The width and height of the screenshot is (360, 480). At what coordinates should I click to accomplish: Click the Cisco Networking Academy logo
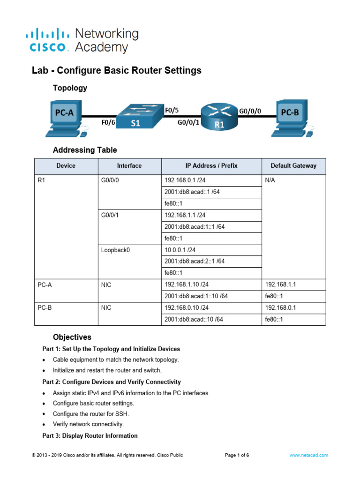(x=82, y=40)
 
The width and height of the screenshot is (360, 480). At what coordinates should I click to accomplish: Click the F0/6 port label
(x=108, y=123)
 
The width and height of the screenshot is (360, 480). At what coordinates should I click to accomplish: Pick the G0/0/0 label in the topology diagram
(x=250, y=112)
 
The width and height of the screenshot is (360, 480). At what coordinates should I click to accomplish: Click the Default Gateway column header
(x=293, y=165)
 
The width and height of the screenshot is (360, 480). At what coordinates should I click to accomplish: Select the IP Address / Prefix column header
(x=211, y=165)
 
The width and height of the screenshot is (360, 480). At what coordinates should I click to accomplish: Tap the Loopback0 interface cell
(x=115, y=250)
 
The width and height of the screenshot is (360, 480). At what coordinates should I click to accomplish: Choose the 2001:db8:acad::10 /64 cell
(x=194, y=319)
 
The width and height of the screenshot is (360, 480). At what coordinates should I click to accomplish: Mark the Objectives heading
(x=72, y=337)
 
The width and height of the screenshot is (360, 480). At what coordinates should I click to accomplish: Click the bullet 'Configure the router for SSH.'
(x=91, y=414)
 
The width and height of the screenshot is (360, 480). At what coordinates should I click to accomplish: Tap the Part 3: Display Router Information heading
(x=90, y=436)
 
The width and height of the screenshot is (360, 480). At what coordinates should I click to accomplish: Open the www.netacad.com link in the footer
(x=308, y=455)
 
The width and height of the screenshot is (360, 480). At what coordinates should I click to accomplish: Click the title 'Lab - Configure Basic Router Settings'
(x=117, y=71)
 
